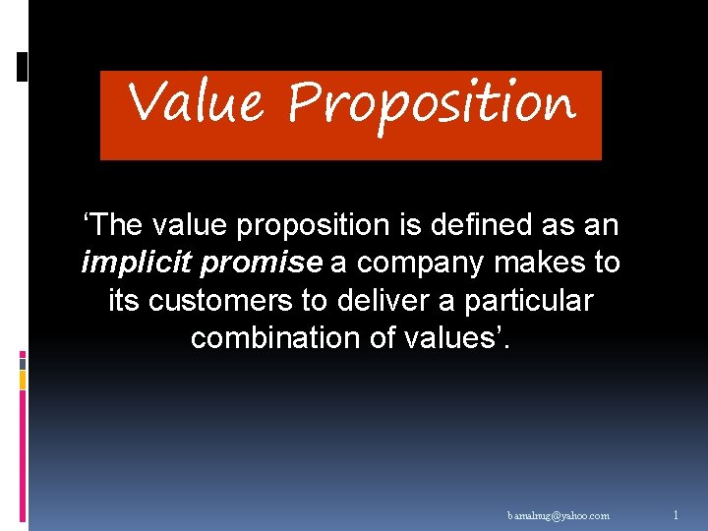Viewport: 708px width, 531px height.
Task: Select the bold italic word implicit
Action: (x=124, y=263)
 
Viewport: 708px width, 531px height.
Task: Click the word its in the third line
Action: (x=124, y=300)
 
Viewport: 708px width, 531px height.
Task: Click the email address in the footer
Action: (x=559, y=515)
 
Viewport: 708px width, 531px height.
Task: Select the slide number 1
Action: (x=676, y=514)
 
